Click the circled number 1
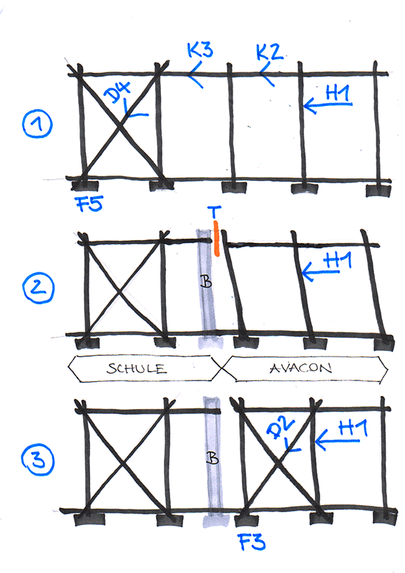37,124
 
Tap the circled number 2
39,288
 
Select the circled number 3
38,460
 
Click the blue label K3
200,49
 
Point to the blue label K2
270,52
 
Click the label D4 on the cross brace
117,93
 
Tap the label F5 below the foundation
90,203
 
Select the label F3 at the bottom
252,541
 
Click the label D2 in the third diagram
280,427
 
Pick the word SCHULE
137,368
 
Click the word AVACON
301,368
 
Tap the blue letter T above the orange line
215,212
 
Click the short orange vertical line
217,239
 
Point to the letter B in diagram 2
206,281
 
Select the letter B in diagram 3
213,457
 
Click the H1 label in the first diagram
338,94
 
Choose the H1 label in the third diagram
353,428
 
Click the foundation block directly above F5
84,186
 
